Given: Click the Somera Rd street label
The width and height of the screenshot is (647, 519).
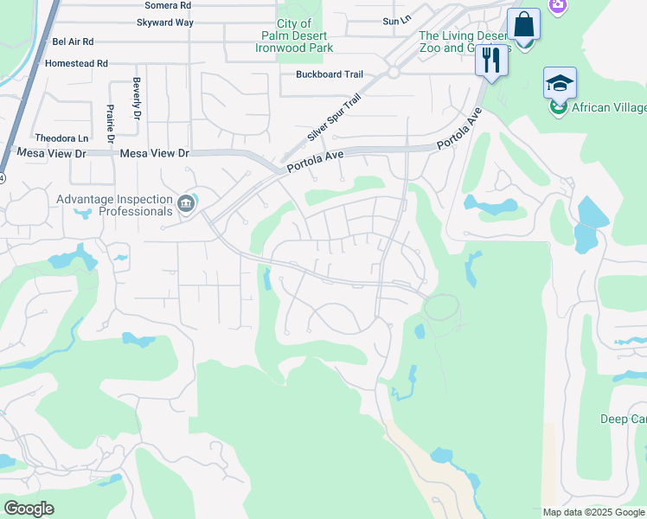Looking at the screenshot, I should pyautogui.click(x=167, y=5).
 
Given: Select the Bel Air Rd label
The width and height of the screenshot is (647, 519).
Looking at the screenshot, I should pyautogui.click(x=73, y=41).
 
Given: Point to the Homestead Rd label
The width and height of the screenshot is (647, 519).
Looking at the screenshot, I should pyautogui.click(x=76, y=63).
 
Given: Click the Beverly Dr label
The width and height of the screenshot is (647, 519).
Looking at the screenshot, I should pyautogui.click(x=137, y=99).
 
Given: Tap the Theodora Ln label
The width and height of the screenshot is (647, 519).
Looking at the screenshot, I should pyautogui.click(x=61, y=138).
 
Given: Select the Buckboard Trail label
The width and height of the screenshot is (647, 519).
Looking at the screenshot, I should pyautogui.click(x=330, y=75).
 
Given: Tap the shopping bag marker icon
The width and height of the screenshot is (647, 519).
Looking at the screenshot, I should pyautogui.click(x=523, y=24).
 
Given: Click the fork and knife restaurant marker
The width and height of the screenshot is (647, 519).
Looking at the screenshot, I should pyautogui.click(x=491, y=60).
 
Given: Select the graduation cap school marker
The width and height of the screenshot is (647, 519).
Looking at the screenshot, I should pyautogui.click(x=560, y=83).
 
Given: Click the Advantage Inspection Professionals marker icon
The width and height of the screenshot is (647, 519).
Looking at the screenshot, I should pyautogui.click(x=186, y=204).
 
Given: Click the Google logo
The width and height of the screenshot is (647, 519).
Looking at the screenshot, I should pyautogui.click(x=29, y=509).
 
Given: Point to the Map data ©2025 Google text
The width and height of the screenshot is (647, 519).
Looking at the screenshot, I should pyautogui.click(x=593, y=512).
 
